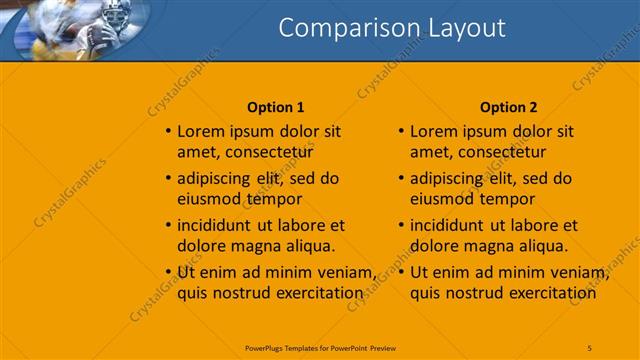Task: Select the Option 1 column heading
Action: point(275,107)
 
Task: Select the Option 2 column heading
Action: point(508,107)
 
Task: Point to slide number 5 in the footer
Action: point(589,347)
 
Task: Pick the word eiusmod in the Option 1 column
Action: point(207,199)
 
